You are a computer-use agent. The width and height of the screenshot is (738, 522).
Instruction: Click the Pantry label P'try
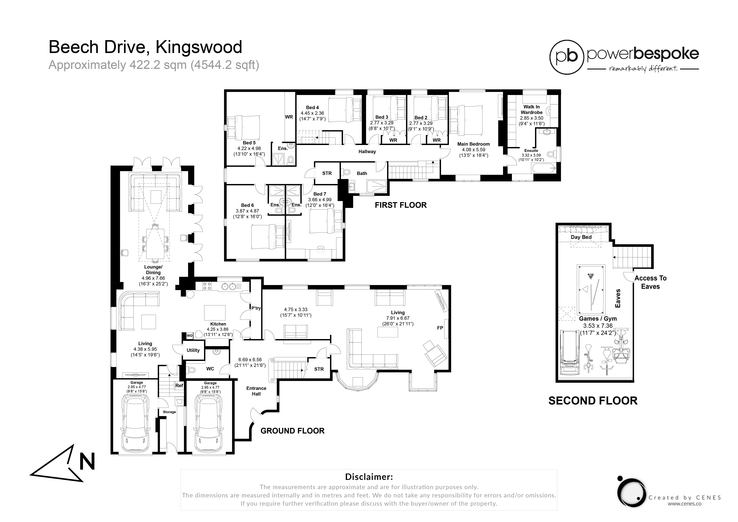point(256,308)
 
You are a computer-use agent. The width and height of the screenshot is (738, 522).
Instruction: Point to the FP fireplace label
point(440,328)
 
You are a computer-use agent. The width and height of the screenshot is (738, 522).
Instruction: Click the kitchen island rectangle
point(215,313)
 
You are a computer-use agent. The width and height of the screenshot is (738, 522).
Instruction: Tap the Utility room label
point(193,350)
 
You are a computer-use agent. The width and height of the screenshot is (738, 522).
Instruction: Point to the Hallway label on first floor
point(367,151)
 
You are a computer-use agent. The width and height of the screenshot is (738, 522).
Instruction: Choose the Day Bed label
point(581,237)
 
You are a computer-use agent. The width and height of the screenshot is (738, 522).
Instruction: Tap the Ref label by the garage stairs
point(179,385)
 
